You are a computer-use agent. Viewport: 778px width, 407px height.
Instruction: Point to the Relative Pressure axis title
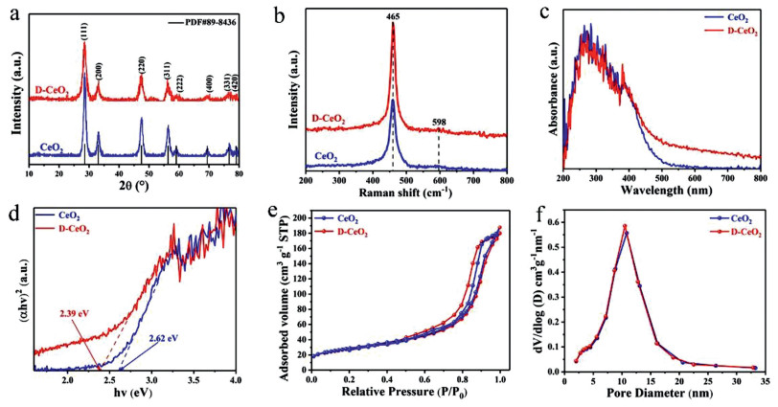(x=404, y=396)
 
